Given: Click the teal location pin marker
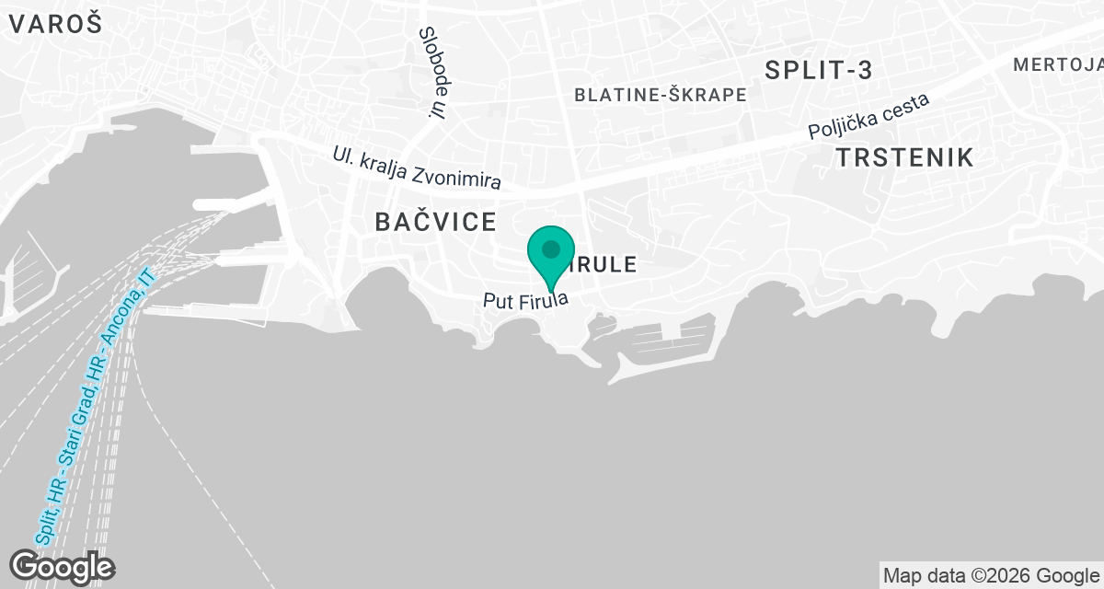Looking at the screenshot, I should coord(551,257).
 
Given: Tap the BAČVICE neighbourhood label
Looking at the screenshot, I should coord(436,221).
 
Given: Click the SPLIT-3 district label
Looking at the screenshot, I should coord(818,70).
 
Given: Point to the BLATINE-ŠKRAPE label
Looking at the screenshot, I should coord(660,95).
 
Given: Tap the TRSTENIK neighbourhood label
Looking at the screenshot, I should coord(904,157).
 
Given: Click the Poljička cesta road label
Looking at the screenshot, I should coord(869,117).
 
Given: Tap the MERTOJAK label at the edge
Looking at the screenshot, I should coord(1058,64).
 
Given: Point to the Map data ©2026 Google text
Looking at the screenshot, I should coord(991,576).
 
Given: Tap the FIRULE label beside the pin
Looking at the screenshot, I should coord(603,265).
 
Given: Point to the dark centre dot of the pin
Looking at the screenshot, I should coord(551,249).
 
